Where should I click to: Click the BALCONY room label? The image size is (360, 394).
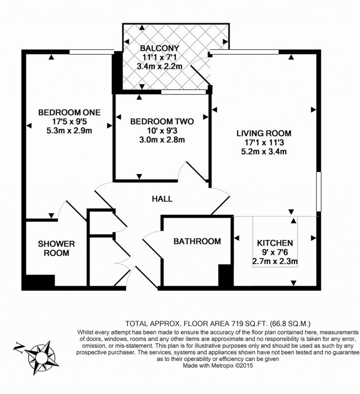[160, 48]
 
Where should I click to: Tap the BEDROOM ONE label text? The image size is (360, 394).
[69, 112]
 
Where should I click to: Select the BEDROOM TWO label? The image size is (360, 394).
[162, 122]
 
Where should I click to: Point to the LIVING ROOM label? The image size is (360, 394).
[264, 134]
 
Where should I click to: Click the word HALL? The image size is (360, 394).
[162, 199]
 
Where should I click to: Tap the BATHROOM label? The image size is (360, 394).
[197, 241]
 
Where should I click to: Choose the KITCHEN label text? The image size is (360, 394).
[275, 243]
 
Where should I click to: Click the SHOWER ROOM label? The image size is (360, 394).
[56, 248]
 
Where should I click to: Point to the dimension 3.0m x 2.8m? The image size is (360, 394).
[162, 140]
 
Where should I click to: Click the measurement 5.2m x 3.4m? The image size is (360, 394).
[264, 152]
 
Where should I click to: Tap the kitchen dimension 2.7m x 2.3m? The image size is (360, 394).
[275, 261]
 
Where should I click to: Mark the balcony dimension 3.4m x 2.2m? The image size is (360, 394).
[160, 66]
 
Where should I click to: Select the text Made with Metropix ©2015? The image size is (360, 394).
[218, 366]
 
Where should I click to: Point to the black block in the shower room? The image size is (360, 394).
[39, 282]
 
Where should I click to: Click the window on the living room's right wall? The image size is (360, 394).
[319, 192]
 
